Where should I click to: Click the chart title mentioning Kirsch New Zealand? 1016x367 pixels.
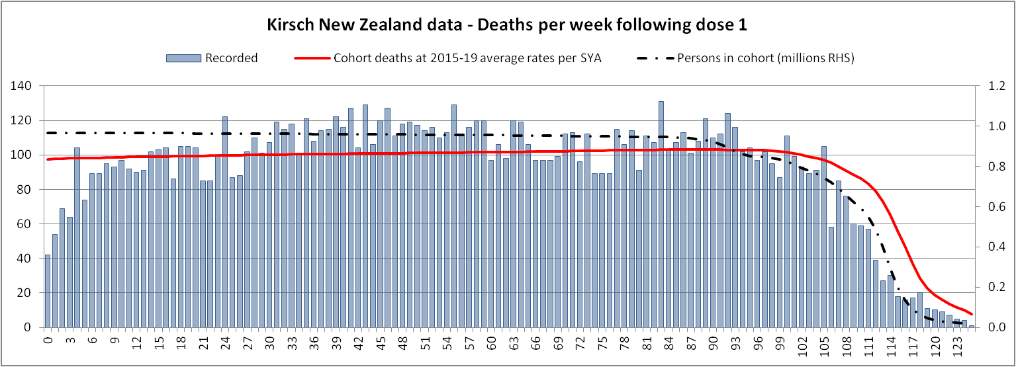pyautogui.click(x=507, y=25)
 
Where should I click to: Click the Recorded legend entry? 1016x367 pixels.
pyautogui.click(x=231, y=58)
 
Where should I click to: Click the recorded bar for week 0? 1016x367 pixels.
pyautogui.click(x=47, y=291)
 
